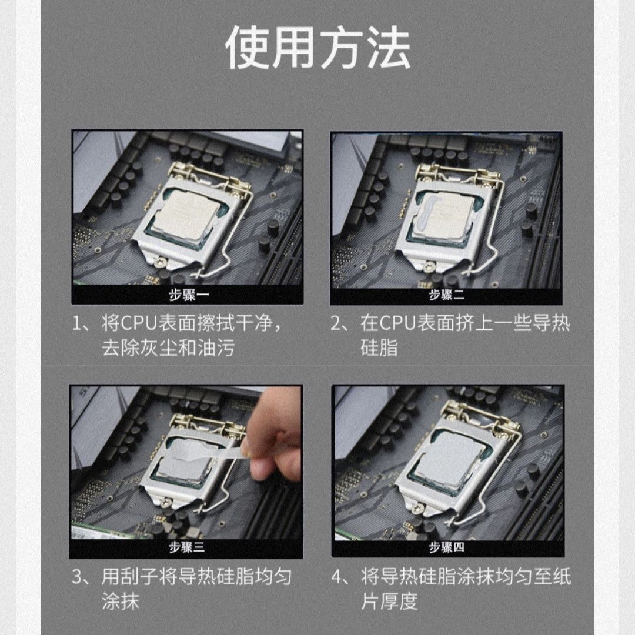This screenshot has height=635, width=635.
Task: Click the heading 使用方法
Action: [x=318, y=48]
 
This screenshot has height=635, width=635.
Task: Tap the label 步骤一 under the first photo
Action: [x=189, y=295]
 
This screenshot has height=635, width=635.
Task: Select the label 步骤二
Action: [x=447, y=295]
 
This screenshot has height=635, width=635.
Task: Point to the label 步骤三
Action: [x=187, y=547]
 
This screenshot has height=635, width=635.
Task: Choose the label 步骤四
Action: [x=447, y=547]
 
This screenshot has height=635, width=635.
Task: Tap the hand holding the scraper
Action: [x=273, y=439]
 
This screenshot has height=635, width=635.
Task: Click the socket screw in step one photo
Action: [x=162, y=262]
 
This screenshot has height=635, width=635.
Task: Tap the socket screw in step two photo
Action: [x=428, y=266]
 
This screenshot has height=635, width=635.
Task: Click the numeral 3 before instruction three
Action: [x=77, y=577]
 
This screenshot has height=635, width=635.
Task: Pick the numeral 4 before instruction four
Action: [x=337, y=577]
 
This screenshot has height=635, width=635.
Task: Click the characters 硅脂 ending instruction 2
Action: [x=379, y=348]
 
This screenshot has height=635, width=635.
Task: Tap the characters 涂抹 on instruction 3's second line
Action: [x=121, y=601]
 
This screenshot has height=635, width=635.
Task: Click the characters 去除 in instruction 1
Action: [x=121, y=348]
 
